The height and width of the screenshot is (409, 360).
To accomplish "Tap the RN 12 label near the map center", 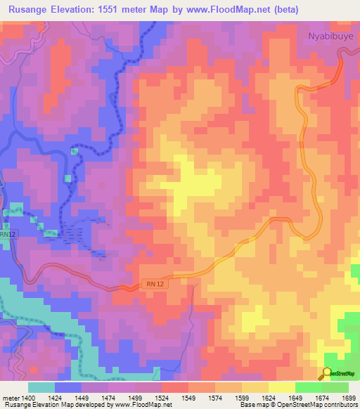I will pos(155,283).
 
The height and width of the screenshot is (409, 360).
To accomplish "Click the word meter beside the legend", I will pos(10,398).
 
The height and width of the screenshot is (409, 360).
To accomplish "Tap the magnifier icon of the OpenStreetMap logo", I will pos(327,372).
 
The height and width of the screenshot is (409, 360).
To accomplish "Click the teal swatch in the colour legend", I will pos(41,387).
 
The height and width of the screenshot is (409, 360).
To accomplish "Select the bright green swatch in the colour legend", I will pos(308,387).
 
